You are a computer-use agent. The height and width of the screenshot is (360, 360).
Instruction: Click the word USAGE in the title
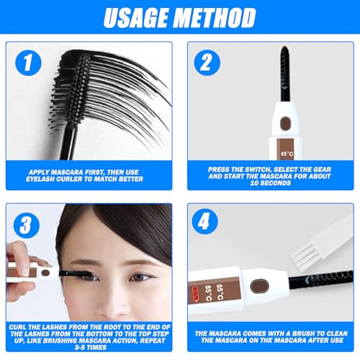click(136, 17)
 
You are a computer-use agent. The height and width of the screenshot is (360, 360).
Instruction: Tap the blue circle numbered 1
click(28, 63)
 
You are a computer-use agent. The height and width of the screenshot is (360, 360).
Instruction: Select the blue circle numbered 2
click(207, 63)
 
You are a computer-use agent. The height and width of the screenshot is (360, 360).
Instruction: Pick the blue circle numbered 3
click(27, 225)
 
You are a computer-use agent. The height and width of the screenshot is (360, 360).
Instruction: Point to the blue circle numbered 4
click(204, 221)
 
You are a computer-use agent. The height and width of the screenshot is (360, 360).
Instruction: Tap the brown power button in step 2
click(286, 124)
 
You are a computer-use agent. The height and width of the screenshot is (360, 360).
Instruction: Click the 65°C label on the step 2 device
click(287, 153)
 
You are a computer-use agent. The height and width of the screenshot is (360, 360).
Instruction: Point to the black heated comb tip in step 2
click(286, 73)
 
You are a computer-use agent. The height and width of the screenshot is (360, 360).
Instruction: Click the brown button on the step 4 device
click(259, 286)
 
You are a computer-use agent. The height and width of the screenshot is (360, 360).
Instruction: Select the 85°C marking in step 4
click(208, 293)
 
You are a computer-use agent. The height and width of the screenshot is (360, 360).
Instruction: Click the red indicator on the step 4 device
click(195, 294)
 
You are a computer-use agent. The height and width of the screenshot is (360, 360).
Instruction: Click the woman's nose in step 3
click(113, 302)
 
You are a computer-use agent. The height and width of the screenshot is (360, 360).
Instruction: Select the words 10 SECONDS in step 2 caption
click(270, 183)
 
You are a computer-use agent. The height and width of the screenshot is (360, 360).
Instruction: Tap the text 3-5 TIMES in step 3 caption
click(91, 347)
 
